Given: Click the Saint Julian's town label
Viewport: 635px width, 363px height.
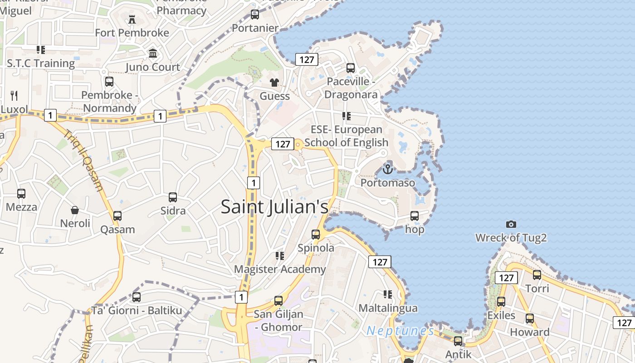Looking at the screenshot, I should [274, 206].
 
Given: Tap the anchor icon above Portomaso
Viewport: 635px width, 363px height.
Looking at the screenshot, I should [387, 169].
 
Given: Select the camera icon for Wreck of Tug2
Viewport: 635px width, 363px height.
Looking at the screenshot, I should [511, 224].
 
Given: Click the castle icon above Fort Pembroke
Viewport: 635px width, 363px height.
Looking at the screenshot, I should [132, 20].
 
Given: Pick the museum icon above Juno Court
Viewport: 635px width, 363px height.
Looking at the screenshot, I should [153, 54].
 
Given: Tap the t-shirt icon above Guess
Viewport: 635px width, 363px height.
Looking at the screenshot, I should [274, 82].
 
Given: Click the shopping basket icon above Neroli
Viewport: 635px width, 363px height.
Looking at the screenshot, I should [75, 210].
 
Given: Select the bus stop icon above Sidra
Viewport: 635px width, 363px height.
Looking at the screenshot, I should [173, 197].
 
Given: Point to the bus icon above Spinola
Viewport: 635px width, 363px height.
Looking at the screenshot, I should [316, 235].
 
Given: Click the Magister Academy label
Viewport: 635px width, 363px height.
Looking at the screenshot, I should [280, 269].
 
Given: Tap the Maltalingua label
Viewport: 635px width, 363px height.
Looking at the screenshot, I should [388, 308].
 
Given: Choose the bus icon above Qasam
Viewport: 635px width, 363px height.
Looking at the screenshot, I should [117, 216].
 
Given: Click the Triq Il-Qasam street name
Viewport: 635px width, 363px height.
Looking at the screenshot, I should [83, 161].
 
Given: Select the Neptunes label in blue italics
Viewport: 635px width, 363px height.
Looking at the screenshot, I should [400, 331].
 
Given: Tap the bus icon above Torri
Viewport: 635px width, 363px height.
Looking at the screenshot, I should [537, 275].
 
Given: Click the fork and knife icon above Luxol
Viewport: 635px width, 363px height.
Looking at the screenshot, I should [14, 95].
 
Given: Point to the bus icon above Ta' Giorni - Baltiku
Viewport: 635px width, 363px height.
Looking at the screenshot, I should [137, 297].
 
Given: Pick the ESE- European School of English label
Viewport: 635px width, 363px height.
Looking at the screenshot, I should [347, 136].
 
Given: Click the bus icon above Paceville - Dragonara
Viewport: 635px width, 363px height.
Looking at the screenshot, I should [351, 68].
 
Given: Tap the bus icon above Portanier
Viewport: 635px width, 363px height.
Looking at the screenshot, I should [255, 15].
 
